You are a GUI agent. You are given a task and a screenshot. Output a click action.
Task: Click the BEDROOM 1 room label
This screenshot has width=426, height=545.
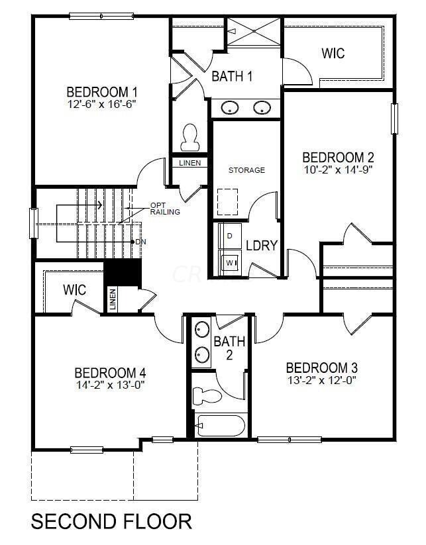point(102,91)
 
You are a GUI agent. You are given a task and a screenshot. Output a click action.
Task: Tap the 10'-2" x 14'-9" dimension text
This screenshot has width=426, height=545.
point(338,169)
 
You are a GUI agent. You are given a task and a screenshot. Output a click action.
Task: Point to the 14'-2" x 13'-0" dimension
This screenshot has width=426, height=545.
point(110,384)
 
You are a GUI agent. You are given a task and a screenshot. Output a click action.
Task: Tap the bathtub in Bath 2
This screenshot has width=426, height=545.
point(220,425)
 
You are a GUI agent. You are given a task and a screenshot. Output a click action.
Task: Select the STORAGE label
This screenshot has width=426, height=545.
point(246,170)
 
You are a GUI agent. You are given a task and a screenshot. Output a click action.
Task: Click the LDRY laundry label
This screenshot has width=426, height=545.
point(261,245)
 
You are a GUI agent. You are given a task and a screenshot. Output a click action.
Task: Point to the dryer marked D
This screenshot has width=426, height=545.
point(230,235)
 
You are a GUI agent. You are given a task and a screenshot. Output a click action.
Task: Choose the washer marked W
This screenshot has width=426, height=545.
point(231,263)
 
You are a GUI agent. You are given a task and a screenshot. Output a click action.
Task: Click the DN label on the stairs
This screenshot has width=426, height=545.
point(140,242)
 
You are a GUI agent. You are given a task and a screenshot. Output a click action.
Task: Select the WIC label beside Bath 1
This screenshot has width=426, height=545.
point(333,53)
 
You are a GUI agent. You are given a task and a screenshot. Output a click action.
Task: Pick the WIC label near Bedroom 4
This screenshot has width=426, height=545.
point(75,290)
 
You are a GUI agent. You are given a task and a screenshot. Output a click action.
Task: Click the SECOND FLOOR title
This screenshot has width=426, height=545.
point(111,521)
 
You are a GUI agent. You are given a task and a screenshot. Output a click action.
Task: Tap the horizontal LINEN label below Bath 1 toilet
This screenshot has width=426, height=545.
point(190,163)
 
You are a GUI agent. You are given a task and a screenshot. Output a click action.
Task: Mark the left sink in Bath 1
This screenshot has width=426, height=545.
point(231,107)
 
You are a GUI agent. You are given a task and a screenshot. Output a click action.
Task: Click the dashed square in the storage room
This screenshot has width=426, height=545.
point(227,201)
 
